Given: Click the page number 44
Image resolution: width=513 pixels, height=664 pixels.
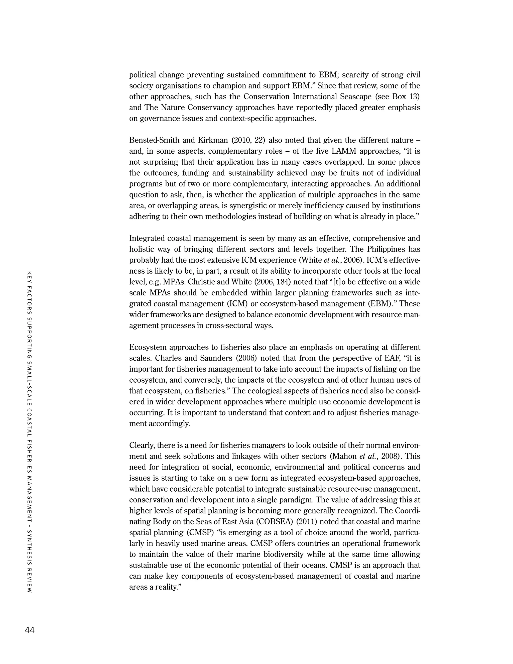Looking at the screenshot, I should tap(30, 630).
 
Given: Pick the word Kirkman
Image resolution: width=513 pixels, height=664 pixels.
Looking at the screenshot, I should tap(213, 140).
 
